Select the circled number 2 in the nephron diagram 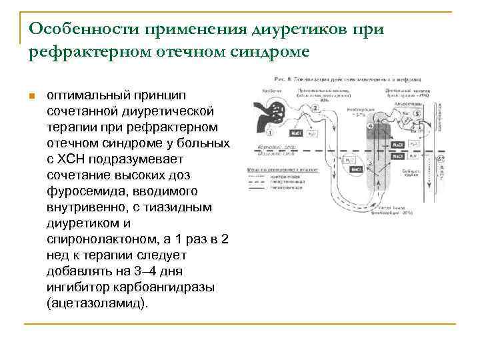tap(315, 109)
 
